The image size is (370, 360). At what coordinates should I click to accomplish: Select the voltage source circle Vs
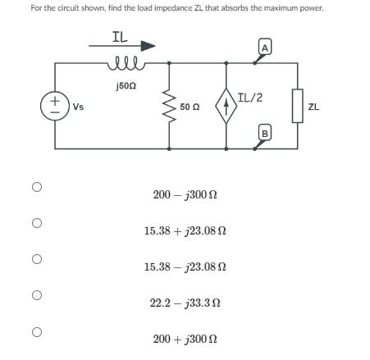click(x=54, y=106)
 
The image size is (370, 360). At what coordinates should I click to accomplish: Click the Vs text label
click(x=78, y=107)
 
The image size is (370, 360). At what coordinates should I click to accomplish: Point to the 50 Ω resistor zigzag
click(x=170, y=106)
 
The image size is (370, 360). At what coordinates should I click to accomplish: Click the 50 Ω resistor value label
click(x=190, y=107)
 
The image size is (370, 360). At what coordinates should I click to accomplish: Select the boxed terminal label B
click(x=265, y=133)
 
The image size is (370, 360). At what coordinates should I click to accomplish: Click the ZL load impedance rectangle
click(x=298, y=106)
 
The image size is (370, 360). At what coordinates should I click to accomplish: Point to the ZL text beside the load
click(x=314, y=107)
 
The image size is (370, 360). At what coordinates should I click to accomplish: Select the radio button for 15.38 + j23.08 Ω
click(x=36, y=223)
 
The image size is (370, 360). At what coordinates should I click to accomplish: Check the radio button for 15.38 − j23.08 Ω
click(x=36, y=259)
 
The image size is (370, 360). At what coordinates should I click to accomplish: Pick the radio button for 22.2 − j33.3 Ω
click(x=36, y=295)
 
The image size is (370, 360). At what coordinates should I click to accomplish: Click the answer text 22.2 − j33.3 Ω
click(x=185, y=303)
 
